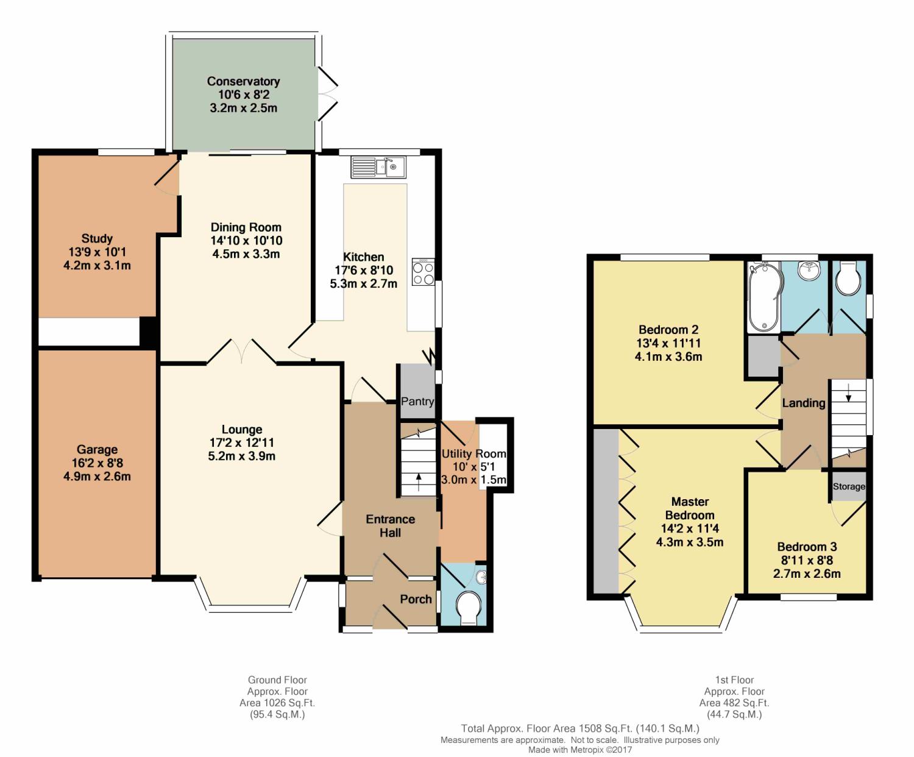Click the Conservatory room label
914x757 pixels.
click(243, 82)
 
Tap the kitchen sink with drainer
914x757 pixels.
click(378, 167)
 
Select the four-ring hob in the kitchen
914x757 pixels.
click(423, 272)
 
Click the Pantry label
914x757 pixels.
click(417, 402)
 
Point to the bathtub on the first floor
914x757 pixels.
click(764, 296)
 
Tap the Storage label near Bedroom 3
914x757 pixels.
click(849, 486)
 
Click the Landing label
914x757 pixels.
click(804, 403)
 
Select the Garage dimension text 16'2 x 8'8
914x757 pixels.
click(97, 463)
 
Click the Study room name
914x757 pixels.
click(97, 238)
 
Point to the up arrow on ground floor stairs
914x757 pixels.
click(419, 482)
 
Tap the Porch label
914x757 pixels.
click(416, 599)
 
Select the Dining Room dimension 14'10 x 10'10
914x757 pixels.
click(246, 240)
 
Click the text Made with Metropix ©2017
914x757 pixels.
click(580, 750)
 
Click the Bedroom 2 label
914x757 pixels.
click(668, 330)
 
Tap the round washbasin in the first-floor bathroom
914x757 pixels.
click(809, 270)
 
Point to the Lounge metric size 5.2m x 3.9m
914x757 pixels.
click(242, 457)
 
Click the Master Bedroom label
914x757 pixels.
click(690, 508)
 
